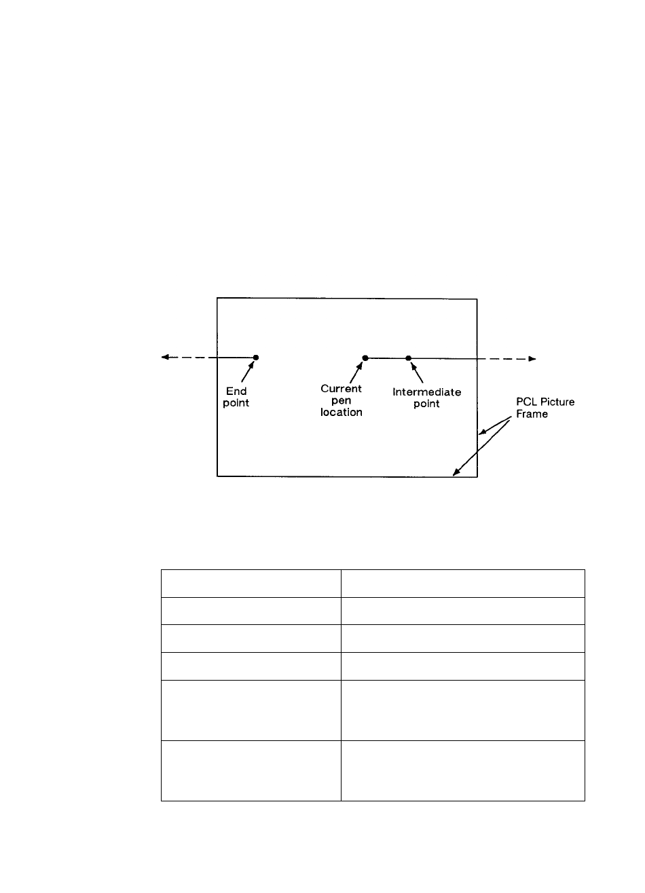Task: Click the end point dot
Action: pyautogui.click(x=256, y=358)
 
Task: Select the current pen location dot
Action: pyautogui.click(x=365, y=358)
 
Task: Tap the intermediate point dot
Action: pyautogui.click(x=409, y=358)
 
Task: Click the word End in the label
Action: pyautogui.click(x=237, y=392)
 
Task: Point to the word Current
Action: pyautogui.click(x=341, y=389)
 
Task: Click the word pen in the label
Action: pyautogui.click(x=341, y=400)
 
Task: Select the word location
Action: pyautogui.click(x=341, y=412)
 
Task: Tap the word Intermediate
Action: pyautogui.click(x=427, y=392)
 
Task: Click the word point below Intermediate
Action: pyautogui.click(x=426, y=404)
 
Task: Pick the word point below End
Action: pyautogui.click(x=237, y=403)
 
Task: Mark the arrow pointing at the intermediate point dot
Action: pyautogui.click(x=417, y=371)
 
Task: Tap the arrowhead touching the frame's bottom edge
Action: pyautogui.click(x=456, y=472)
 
